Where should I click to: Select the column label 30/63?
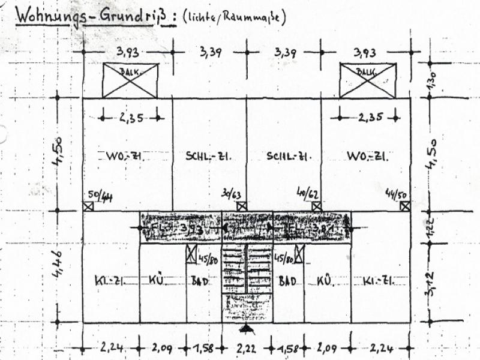(231, 194)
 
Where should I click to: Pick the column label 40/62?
(308, 193)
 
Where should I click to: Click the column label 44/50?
(397, 194)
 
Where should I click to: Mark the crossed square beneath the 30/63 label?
(241, 206)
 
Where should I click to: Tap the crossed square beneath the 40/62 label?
(316, 206)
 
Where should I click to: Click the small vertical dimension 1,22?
(430, 229)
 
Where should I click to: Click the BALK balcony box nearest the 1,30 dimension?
(367, 80)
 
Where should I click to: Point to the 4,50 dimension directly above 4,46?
(58, 154)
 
